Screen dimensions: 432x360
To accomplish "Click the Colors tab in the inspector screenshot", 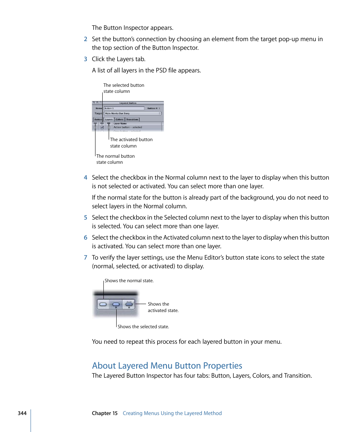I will (x=120, y=120).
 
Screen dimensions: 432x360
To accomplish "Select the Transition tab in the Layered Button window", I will (x=132, y=120).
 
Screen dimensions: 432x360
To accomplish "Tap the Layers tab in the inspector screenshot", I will (x=109, y=120).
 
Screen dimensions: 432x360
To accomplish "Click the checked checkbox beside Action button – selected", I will (x=102, y=128).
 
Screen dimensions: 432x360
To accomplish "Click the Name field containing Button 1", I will (x=124, y=108).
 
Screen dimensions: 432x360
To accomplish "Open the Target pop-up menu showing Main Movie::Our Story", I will (x=132, y=113).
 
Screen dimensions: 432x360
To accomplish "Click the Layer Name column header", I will (x=120, y=123).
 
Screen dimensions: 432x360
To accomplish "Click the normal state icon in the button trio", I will (x=103, y=304).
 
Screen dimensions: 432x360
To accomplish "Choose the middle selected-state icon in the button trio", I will (x=116, y=304).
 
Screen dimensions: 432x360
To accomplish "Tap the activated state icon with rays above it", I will (x=129, y=304).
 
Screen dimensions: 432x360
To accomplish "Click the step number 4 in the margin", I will (x=86, y=178).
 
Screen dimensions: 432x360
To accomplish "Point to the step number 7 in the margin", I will (x=86, y=258).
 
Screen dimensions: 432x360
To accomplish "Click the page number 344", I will (x=22, y=413).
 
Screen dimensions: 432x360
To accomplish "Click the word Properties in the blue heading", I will (x=223, y=366).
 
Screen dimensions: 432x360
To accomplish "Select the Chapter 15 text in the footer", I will (x=105, y=413).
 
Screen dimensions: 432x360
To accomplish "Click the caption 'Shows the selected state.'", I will (x=143, y=327).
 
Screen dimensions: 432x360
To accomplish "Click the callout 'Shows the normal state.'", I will (x=129, y=281).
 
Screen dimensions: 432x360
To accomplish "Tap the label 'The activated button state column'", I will (x=131, y=143).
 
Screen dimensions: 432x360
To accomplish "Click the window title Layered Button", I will (x=128, y=103).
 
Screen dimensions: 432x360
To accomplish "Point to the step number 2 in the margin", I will (x=86, y=39).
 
